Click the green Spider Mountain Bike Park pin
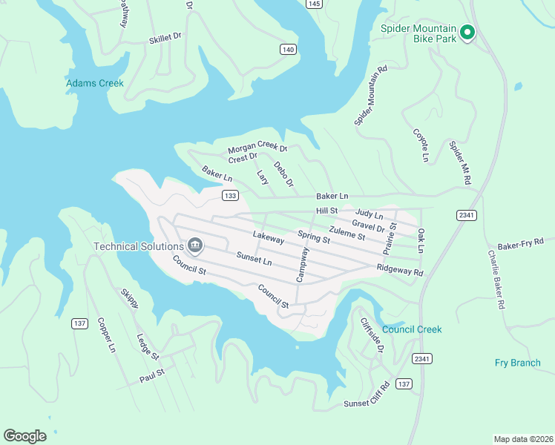tap(467, 32)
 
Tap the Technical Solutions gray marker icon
tap(195, 245)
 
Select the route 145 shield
tap(315, 4)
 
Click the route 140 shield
tap(289, 49)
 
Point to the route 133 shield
tap(230, 195)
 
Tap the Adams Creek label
tap(95, 83)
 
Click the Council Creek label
tap(412, 329)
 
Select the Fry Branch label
tap(517, 363)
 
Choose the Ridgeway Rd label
tap(399, 270)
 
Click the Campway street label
tap(302, 265)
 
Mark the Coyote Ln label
tap(421, 145)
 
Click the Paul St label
tap(151, 379)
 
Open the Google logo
tap(24, 436)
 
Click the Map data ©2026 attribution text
tap(522, 438)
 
